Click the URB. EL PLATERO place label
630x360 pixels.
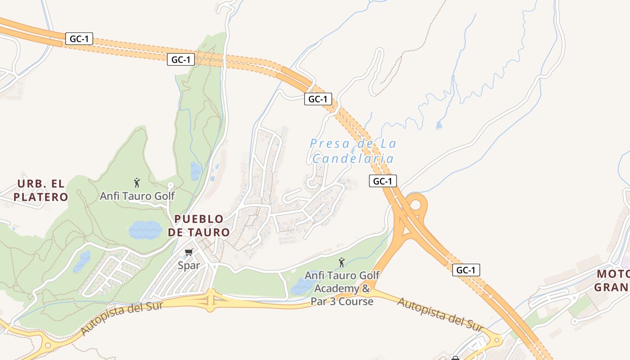[40, 190]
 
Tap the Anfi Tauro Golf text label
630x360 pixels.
[137, 196]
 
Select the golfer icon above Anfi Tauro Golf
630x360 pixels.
[137, 183]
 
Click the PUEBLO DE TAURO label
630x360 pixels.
[198, 226]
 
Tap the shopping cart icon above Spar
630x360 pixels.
[189, 252]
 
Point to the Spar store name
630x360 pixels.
[189, 265]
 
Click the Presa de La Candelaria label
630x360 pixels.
[353, 151]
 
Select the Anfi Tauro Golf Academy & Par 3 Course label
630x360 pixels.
[342, 288]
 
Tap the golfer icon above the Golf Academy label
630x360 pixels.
[342, 262]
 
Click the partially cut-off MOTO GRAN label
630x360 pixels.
[612, 280]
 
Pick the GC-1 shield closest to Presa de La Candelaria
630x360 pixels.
[382, 181]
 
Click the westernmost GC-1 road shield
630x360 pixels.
[79, 39]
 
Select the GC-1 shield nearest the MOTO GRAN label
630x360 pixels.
[466, 270]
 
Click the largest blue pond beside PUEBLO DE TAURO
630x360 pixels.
[145, 230]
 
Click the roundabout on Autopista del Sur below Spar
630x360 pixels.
[211, 301]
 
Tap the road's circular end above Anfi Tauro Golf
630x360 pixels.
[170, 185]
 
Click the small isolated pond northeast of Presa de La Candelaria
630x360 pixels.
[439, 125]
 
